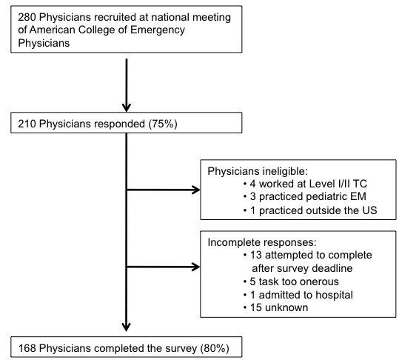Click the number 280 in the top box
point(27,17)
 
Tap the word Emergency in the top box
point(158,30)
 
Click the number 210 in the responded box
point(27,124)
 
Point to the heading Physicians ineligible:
point(258,171)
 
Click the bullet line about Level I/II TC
point(305,184)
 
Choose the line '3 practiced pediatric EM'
point(305,196)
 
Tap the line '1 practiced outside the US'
point(310,210)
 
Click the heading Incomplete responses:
point(262,242)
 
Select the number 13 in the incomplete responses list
point(255,255)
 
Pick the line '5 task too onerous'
point(291,281)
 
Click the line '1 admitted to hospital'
point(298,295)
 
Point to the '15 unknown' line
point(276,307)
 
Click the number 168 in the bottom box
point(27,348)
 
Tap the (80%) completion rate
point(215,348)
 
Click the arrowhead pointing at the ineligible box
point(195,190)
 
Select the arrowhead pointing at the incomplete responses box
point(195,267)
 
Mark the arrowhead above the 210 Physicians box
point(126,107)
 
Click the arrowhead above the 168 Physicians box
point(126,327)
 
